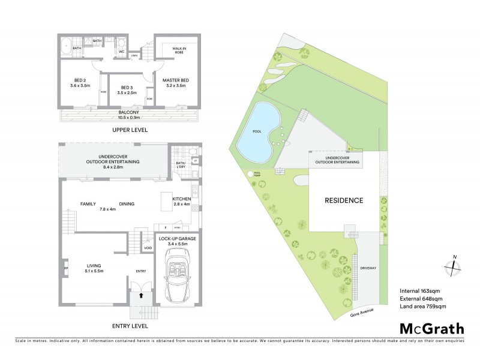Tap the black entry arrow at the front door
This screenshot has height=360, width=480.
click(142, 295)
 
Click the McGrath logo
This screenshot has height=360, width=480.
click(431, 328)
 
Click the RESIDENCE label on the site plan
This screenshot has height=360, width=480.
click(344, 200)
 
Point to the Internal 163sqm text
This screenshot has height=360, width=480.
click(421, 291)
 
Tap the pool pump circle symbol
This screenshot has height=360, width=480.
click(250, 175)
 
